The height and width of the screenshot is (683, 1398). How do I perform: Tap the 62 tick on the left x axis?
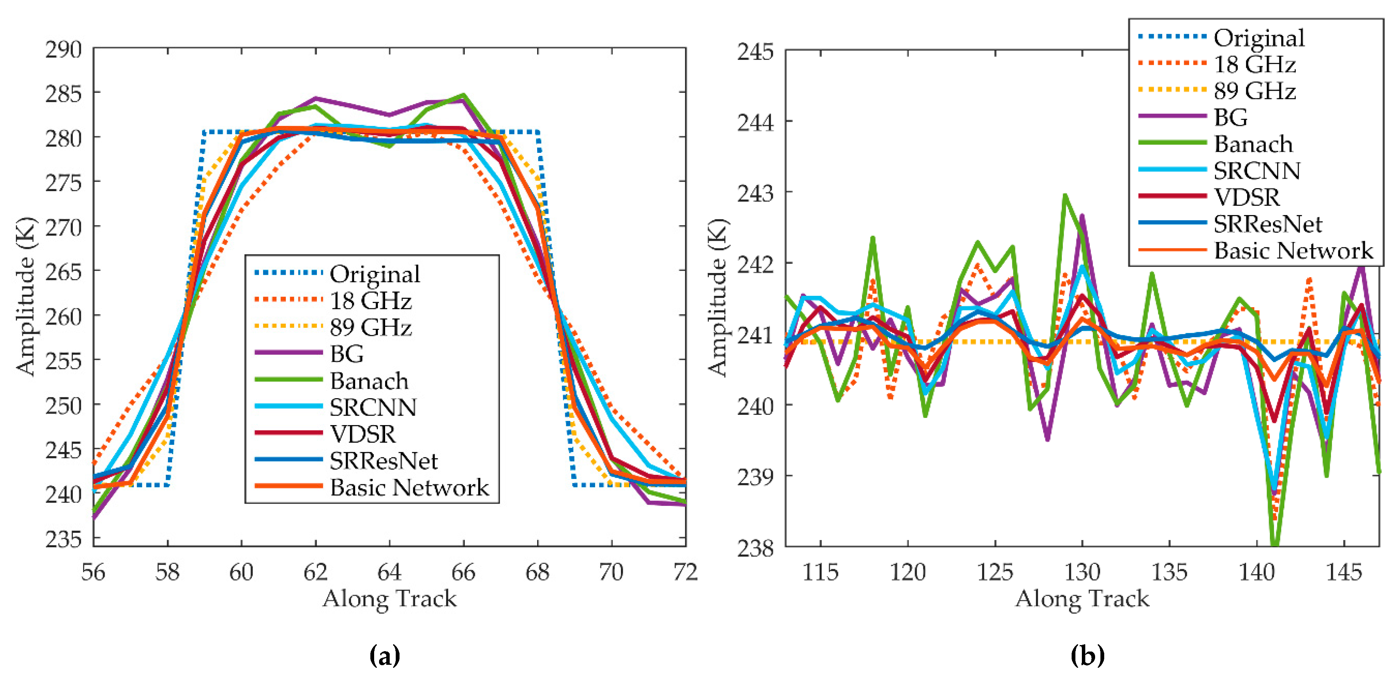pyautogui.click(x=315, y=572)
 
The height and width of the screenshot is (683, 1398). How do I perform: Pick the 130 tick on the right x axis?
pyautogui.click(x=1082, y=572)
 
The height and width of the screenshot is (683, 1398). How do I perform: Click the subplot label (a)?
pyautogui.click(x=385, y=655)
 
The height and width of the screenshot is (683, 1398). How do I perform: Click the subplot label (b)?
pyautogui.click(x=1088, y=655)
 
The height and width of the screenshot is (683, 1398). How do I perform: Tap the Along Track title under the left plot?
pyautogui.click(x=389, y=598)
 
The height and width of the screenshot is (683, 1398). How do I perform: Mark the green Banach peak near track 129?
pyautogui.click(x=1065, y=195)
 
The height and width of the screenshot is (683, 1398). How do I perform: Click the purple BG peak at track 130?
pyautogui.click(x=1082, y=215)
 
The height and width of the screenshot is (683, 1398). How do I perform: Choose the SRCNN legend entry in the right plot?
pyautogui.click(x=1257, y=171)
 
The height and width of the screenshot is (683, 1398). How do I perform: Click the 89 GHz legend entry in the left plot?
pyautogui.click(x=371, y=327)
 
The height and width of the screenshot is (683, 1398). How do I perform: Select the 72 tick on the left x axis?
pyautogui.click(x=685, y=572)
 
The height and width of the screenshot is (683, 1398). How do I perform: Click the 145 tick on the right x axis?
pyautogui.click(x=1344, y=572)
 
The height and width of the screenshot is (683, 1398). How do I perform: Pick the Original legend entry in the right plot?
pyautogui.click(x=1259, y=38)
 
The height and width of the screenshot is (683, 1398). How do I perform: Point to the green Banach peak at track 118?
pyautogui.click(x=873, y=237)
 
